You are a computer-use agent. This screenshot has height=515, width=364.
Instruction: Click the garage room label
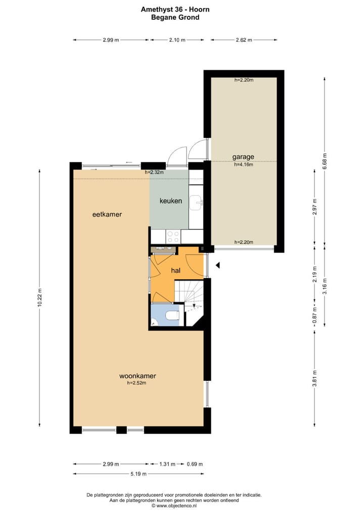click(x=243, y=157)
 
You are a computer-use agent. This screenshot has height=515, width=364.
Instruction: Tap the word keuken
click(x=170, y=201)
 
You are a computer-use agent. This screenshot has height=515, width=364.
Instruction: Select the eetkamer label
click(x=107, y=214)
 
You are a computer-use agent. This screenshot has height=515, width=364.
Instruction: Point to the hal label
click(x=176, y=271)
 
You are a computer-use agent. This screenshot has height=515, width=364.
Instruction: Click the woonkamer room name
click(x=137, y=376)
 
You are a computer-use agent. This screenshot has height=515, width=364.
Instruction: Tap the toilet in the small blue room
click(x=172, y=316)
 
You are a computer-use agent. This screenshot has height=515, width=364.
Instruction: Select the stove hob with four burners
click(x=173, y=236)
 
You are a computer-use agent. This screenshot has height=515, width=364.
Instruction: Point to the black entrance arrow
click(x=218, y=265)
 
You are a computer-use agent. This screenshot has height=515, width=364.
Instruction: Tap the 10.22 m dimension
click(x=40, y=298)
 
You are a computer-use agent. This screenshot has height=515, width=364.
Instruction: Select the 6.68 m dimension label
click(x=325, y=162)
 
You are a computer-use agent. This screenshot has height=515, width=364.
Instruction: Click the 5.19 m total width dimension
click(x=139, y=474)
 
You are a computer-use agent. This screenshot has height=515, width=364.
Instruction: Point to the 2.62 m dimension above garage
click(x=244, y=40)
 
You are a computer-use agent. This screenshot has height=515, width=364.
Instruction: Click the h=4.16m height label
click(x=243, y=164)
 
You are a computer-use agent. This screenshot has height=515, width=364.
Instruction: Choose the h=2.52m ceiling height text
click(x=137, y=383)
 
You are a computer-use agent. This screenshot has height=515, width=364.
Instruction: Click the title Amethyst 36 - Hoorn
click(x=175, y=9)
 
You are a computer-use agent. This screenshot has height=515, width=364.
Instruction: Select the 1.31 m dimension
click(x=168, y=464)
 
